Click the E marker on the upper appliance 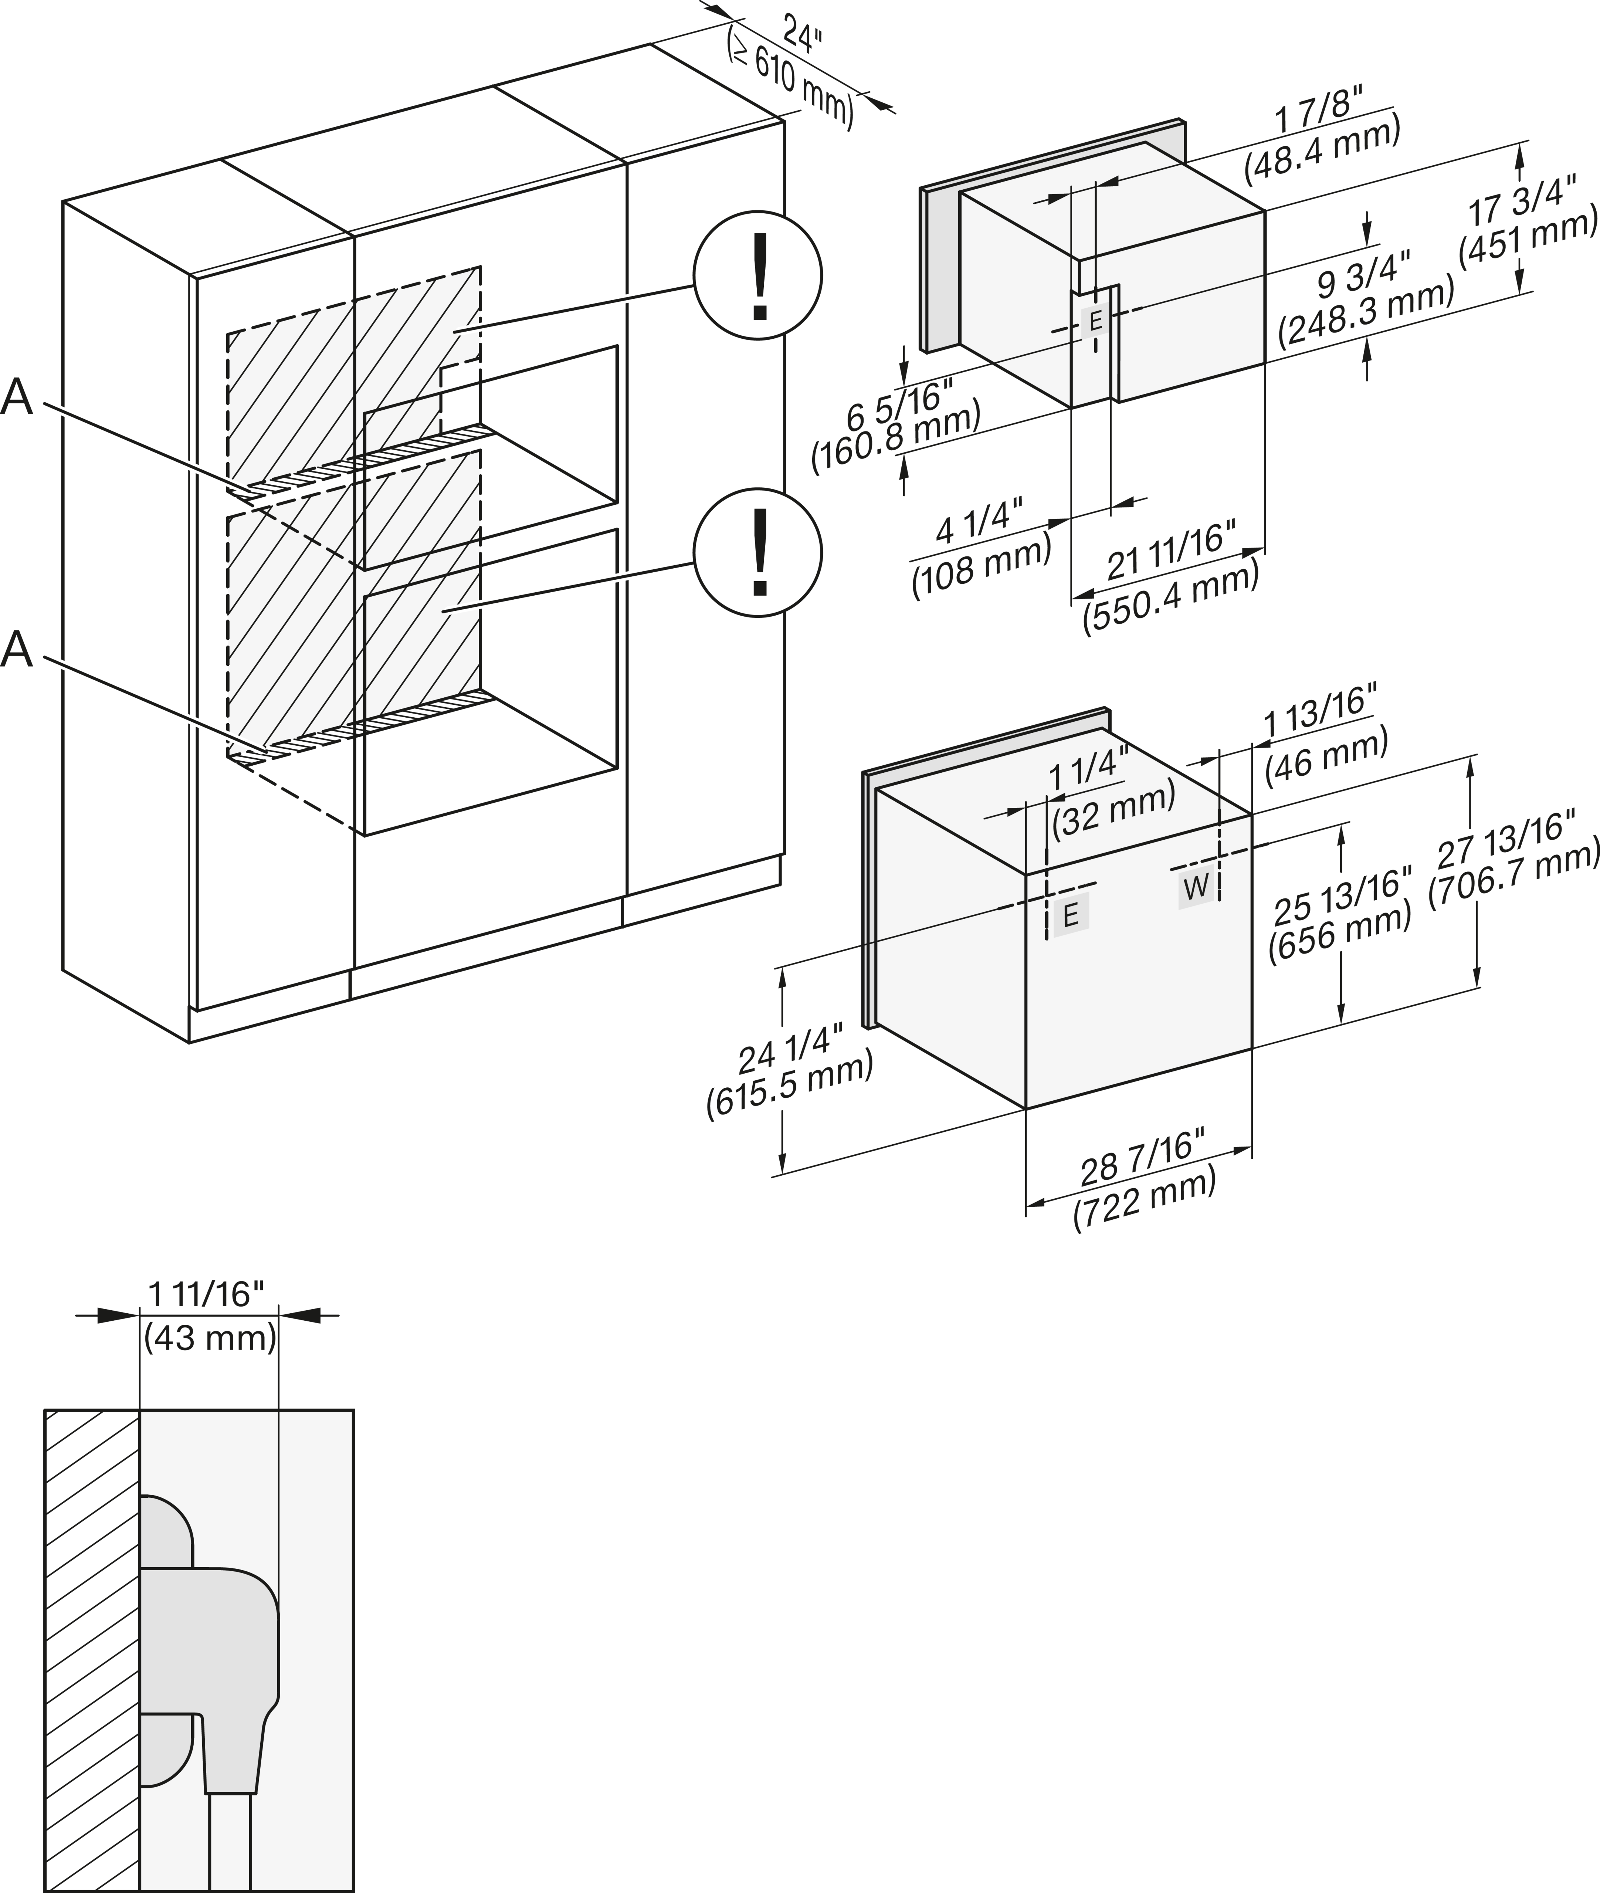click(1095, 320)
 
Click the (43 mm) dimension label click(210, 1338)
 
